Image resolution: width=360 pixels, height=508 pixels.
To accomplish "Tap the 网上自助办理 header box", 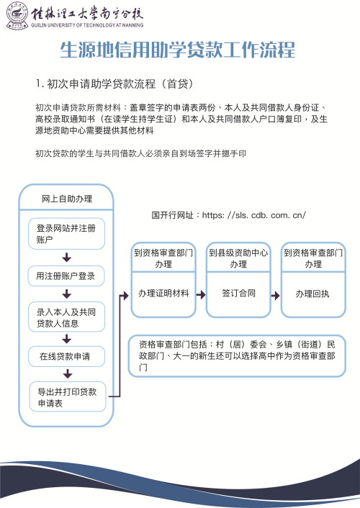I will [66, 198].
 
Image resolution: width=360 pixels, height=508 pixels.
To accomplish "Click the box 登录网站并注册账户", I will [66, 235].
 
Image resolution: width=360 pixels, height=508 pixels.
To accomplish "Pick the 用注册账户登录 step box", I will [66, 276].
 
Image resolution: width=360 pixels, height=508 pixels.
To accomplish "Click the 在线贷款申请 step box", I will [66, 355].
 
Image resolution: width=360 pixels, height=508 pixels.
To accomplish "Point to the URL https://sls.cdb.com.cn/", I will [229, 214].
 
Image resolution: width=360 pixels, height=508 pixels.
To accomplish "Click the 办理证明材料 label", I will [163, 294].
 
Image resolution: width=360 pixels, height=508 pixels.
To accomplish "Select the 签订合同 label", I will [238, 294].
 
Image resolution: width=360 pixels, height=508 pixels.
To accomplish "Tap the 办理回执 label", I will [312, 294].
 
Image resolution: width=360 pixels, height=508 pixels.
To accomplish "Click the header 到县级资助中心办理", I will [238, 259].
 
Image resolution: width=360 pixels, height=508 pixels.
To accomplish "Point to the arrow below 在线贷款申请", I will [67, 373].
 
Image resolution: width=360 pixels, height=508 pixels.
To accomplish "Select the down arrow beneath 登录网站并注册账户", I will [67, 257].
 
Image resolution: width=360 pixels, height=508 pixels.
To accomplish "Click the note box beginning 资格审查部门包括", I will [237, 355].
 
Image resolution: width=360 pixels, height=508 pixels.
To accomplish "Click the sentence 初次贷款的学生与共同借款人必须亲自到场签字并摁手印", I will [141, 153].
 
